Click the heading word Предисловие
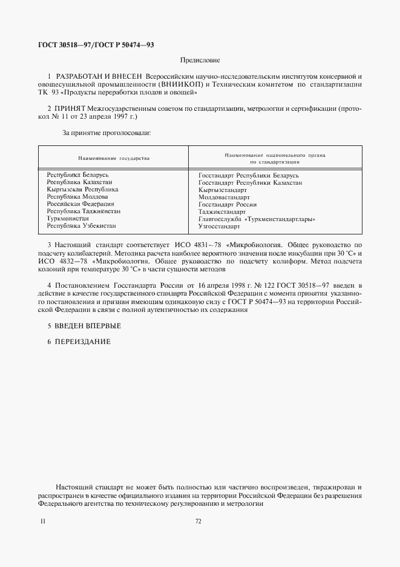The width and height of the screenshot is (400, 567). (x=200, y=61)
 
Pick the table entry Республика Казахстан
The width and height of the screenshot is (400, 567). (x=79, y=182)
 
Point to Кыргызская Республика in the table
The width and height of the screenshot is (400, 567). (x=82, y=190)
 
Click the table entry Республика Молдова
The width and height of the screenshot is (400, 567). (x=77, y=197)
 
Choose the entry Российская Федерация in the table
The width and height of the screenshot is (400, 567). (x=80, y=204)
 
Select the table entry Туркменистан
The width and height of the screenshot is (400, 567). (x=67, y=219)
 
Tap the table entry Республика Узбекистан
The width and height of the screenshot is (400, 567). (x=81, y=226)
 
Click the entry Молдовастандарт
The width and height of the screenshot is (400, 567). (x=223, y=197)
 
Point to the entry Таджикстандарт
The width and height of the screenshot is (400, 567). (x=222, y=212)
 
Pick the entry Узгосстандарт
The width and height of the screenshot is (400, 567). (x=219, y=227)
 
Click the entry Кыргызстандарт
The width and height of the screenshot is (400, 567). (x=223, y=190)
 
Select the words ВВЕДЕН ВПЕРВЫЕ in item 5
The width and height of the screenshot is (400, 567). (x=88, y=326)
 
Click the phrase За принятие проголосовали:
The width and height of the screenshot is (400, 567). (x=107, y=131)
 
